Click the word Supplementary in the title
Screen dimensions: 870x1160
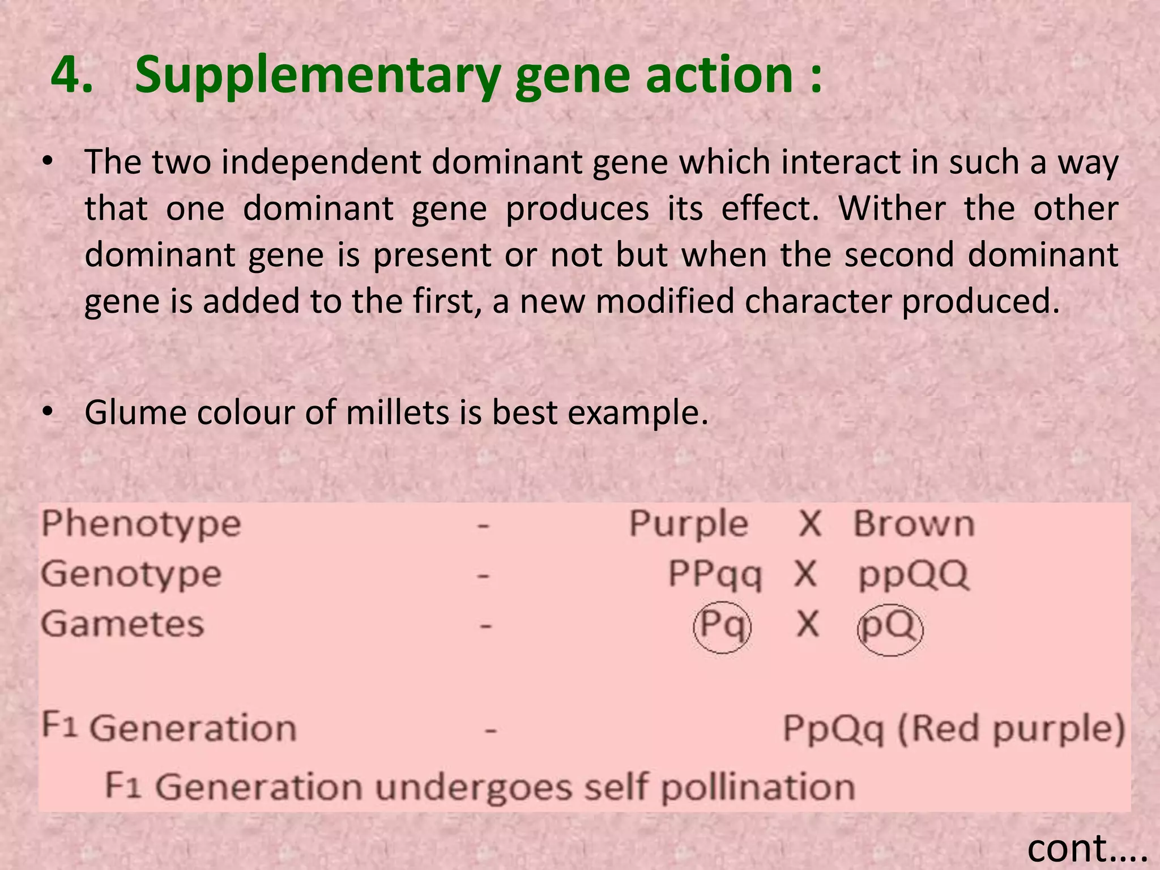(317, 76)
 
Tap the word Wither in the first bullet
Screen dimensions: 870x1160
(892, 208)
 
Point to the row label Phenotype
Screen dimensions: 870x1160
(141, 524)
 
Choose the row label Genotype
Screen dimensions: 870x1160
(131, 575)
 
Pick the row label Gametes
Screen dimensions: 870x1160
(122, 624)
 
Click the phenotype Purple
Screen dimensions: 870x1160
(689, 524)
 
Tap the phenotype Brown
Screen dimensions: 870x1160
(914, 524)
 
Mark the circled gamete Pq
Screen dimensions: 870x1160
(722, 626)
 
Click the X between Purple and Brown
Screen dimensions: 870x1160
(809, 524)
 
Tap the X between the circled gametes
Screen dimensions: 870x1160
(808, 625)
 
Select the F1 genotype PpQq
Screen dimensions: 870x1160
(833, 729)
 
